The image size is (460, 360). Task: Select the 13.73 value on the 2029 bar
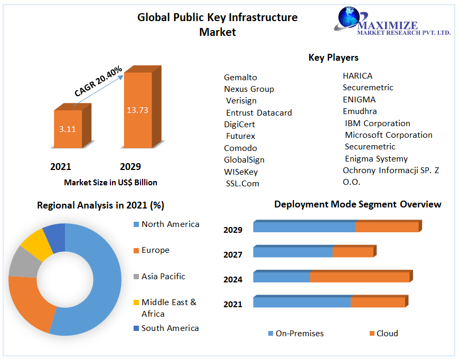point(137,110)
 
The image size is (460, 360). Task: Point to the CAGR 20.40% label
point(98,81)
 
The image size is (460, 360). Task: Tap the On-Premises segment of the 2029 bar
point(304,227)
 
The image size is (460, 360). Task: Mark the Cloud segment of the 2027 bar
point(353,252)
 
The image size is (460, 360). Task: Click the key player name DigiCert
point(239,125)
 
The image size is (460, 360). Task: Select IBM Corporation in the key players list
point(377,124)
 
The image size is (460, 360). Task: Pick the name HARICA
point(358,76)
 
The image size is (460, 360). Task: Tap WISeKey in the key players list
point(241,172)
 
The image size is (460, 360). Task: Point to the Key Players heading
point(333,58)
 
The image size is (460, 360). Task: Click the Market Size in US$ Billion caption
point(110,183)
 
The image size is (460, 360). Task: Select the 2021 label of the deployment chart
point(233,304)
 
